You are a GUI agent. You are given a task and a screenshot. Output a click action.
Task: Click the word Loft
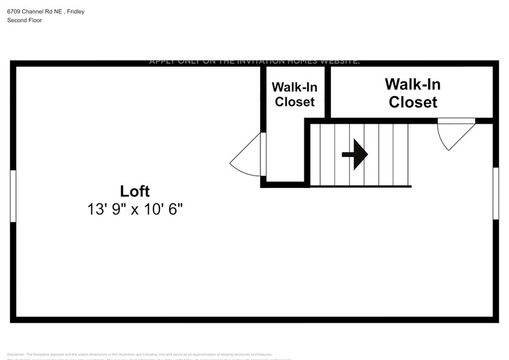pos(135,191)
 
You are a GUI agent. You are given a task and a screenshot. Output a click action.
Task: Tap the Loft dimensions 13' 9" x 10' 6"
pos(135,209)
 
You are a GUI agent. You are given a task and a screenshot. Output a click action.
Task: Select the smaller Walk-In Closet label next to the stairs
pos(294,94)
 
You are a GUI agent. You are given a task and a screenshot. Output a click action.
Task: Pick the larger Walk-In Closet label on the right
pos(413,93)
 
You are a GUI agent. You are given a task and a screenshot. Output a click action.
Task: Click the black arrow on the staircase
pos(355,154)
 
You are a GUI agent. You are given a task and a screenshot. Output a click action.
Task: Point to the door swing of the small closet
pos(247,157)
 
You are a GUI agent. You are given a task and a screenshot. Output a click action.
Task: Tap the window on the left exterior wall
pos(13,196)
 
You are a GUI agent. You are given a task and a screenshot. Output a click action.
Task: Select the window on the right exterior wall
pos(496,193)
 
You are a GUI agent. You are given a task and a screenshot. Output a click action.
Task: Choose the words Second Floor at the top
pos(24,20)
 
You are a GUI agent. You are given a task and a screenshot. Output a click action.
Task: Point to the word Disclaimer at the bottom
pos(17,354)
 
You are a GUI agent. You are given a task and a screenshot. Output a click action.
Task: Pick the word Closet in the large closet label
pos(413,102)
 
